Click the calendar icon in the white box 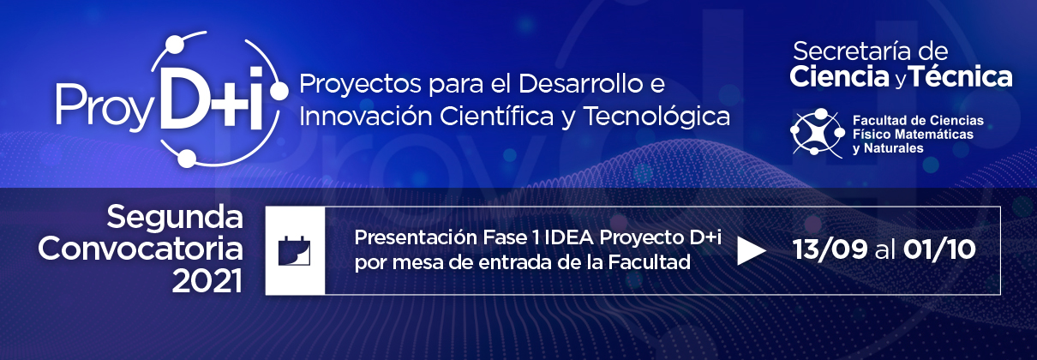[x=295, y=250]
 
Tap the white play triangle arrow [x=751, y=251]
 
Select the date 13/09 [x=830, y=250]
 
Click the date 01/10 [x=939, y=250]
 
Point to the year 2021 [x=207, y=281]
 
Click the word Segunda [x=175, y=218]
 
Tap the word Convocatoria [x=141, y=249]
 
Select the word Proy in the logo [x=105, y=106]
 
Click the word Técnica [x=960, y=76]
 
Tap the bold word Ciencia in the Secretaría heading [x=839, y=77]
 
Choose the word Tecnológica [x=657, y=117]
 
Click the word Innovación [x=366, y=116]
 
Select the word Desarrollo [x=580, y=84]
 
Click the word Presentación [x=417, y=237]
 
